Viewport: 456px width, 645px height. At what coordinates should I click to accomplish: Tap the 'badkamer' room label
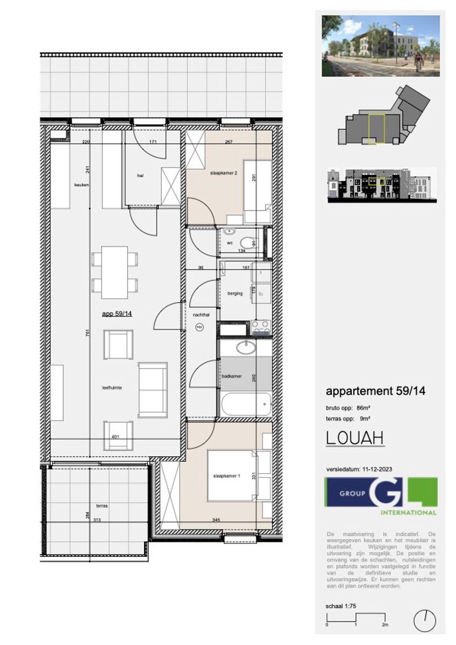[231, 377]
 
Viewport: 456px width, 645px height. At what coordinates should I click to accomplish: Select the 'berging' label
[235, 293]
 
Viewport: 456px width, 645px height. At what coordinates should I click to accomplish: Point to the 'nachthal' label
[200, 316]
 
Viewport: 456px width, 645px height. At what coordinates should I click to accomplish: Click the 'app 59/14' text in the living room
[117, 314]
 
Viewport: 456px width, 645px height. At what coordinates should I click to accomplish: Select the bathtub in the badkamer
[245, 404]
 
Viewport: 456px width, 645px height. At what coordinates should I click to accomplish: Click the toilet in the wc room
[247, 243]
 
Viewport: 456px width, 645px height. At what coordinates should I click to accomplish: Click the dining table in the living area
[115, 272]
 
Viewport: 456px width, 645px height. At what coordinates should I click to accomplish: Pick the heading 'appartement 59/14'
[375, 391]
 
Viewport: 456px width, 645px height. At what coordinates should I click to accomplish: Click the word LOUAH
[355, 438]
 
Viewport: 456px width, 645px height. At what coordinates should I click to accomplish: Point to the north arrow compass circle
[424, 621]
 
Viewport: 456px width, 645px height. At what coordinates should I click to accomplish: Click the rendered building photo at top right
[380, 46]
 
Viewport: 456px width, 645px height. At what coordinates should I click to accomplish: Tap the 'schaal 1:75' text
[341, 606]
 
